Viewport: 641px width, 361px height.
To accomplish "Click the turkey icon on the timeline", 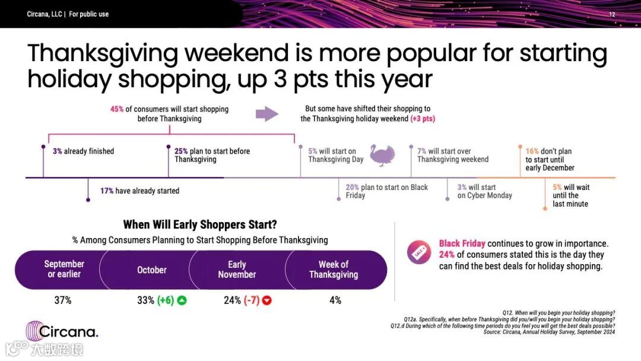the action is pos(383,155).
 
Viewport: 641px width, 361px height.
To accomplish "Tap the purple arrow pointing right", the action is pos(267,113).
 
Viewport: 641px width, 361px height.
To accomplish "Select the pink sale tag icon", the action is pos(418,252).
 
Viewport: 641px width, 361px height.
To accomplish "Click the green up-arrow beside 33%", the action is pos(182,300).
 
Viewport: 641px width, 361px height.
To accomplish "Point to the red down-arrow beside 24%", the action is pos(267,300).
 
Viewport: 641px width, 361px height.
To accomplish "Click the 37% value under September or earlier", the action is pos(63,300).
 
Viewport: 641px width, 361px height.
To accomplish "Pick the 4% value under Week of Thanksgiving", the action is pos(335,300).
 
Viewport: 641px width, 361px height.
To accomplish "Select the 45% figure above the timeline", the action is pos(117,109).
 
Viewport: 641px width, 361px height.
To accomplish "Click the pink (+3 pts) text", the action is pos(423,119).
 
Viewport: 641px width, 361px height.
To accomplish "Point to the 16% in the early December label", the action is pos(532,151).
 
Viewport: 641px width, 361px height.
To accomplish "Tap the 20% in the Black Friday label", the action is pos(352,187).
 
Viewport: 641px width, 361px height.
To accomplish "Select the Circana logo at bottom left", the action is pos(62,331).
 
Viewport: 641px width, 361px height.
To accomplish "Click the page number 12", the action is pos(612,14).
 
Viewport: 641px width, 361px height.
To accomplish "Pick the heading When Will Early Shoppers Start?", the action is pos(200,224).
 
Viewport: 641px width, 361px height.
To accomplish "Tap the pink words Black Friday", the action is pos(462,243).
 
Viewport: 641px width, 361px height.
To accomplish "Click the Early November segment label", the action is pos(237,270).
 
